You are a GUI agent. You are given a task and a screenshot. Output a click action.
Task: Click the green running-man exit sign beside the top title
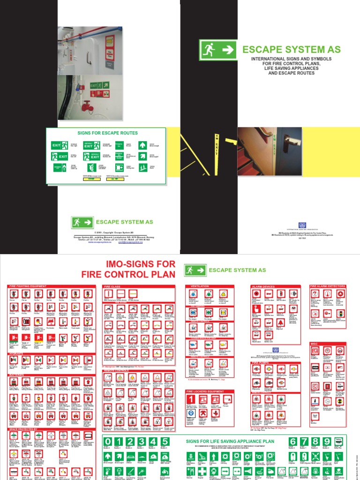click(218, 50)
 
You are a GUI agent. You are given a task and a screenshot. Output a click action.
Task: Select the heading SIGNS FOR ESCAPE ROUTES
click(105, 133)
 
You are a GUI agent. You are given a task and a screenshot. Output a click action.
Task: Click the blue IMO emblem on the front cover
click(303, 225)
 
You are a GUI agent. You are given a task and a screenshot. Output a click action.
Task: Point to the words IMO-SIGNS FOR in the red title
click(135, 264)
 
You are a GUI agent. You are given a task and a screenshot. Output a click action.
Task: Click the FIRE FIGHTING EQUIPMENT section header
click(28, 286)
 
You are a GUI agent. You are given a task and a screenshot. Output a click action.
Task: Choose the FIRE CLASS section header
click(112, 286)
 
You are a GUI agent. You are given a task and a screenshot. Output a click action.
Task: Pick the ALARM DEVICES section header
click(264, 286)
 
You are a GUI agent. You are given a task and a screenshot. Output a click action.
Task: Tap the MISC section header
click(315, 343)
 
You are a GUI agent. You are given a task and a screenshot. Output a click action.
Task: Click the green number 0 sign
click(108, 442)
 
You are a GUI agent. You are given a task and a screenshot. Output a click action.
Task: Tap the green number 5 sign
click(165, 442)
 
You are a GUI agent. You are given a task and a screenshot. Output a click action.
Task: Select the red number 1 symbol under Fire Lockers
click(190, 399)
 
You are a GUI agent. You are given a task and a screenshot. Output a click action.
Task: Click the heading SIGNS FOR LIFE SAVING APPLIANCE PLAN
click(230, 442)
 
